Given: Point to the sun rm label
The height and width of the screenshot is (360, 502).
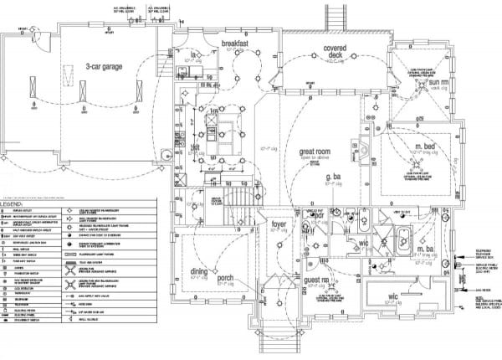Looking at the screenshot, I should [x=439, y=83].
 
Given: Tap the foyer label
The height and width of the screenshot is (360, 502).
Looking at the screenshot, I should [x=279, y=224].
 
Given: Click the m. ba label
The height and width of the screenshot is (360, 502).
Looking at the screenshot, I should [x=426, y=250].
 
